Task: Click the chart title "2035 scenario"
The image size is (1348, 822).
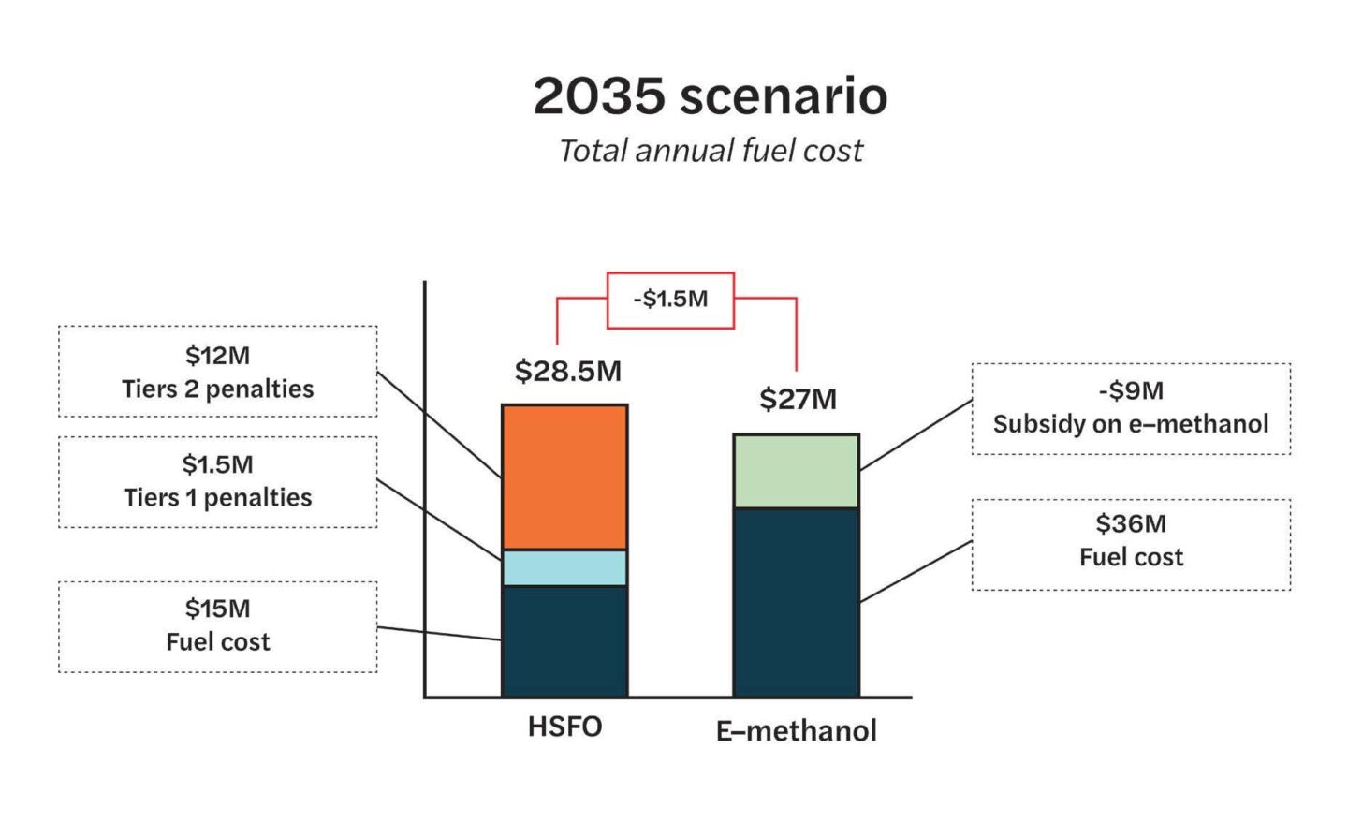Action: pos(710,95)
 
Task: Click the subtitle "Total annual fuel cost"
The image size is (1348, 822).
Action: pos(710,151)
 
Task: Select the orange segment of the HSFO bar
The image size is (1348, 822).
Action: pos(564,477)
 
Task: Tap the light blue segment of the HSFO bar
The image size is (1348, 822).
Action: pos(564,567)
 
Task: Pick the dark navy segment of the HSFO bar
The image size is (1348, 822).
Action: pos(564,641)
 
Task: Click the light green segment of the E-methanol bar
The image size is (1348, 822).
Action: pos(796,471)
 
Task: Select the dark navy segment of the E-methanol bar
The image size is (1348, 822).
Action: pos(796,602)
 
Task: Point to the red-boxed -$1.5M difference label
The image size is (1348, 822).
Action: pos(670,300)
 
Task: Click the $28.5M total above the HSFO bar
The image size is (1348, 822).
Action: pos(567,371)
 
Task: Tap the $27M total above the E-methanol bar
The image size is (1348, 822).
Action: pos(798,400)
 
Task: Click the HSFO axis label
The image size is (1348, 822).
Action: pos(564,727)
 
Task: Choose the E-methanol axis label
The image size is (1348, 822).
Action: pos(796,730)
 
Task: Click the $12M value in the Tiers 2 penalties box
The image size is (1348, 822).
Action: pos(217,356)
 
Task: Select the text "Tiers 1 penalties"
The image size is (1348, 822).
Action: pos(217,497)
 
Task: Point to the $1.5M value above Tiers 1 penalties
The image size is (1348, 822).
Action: pos(217,464)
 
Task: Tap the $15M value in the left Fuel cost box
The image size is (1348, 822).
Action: pos(217,609)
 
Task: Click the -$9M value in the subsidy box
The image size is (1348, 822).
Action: pos(1131,390)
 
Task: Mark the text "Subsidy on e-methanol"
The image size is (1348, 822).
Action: pos(1131,424)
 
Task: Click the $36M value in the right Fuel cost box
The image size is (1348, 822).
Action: pos(1131,523)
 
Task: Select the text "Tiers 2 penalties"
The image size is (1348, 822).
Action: pos(217,389)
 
